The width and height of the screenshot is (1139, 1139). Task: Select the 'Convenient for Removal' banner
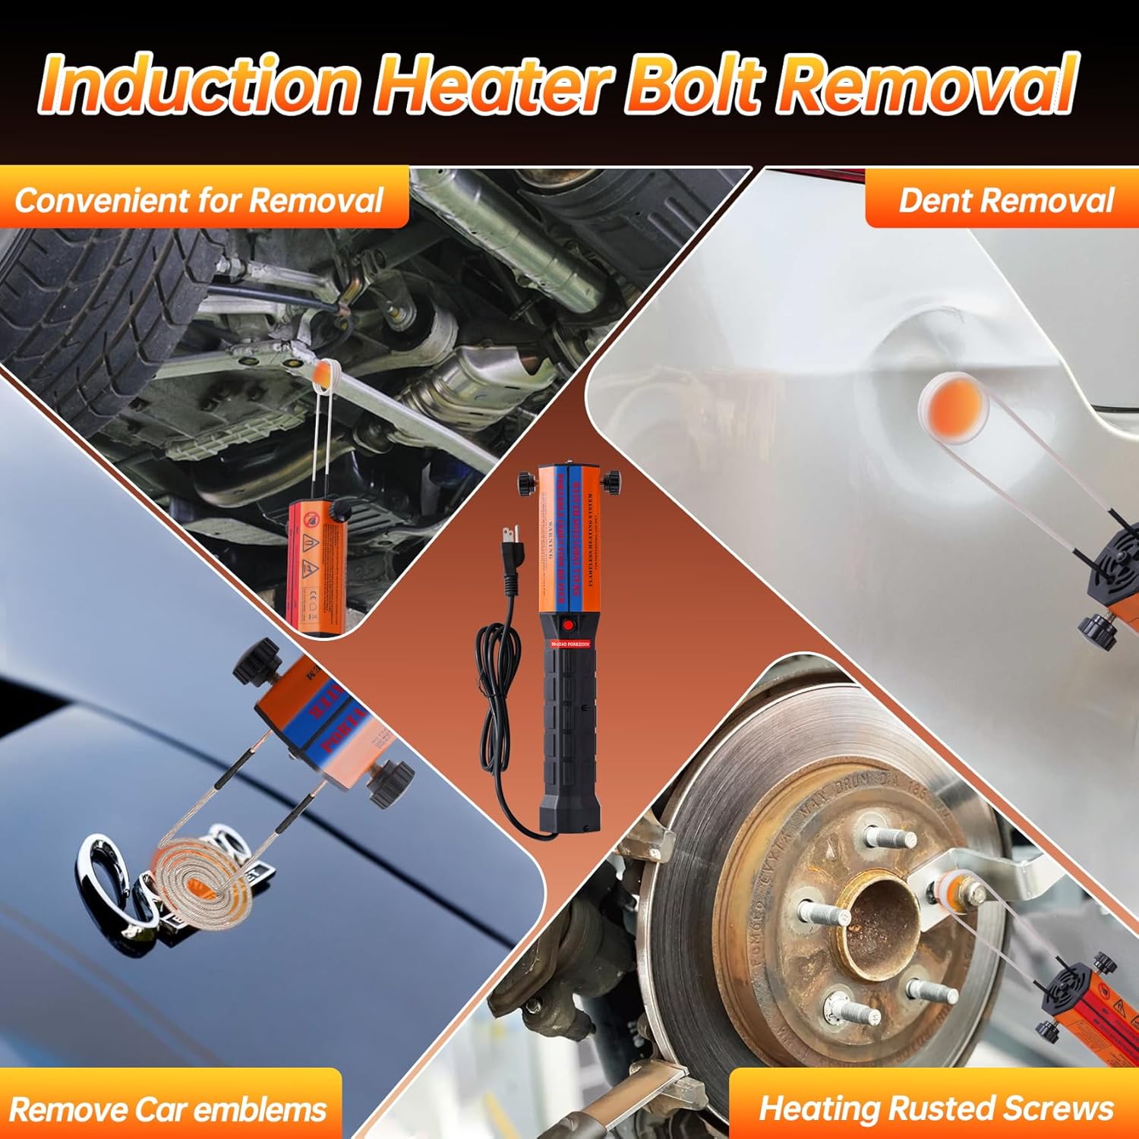(199, 200)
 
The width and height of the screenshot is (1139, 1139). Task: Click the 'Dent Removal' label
(1005, 200)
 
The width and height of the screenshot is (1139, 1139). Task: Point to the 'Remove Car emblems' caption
(168, 1109)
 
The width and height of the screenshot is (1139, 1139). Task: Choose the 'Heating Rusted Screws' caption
(936, 1108)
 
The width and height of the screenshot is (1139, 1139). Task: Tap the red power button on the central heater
(568, 626)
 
